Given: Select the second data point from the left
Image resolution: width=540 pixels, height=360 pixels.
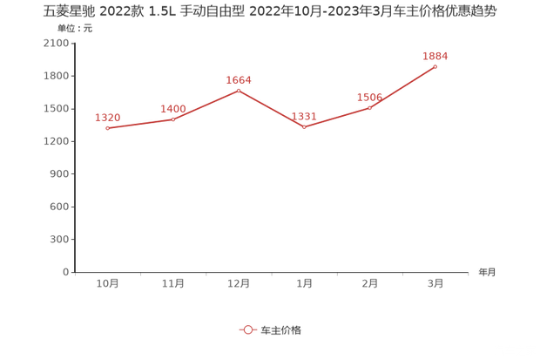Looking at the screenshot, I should (x=173, y=119).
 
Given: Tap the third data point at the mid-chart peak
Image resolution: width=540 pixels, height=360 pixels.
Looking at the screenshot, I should (x=240, y=90).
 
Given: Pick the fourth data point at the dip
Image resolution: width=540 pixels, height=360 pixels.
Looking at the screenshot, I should (x=305, y=127).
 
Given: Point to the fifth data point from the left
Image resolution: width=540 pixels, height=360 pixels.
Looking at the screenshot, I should (x=370, y=107).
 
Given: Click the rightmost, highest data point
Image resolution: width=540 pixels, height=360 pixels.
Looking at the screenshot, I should (x=435, y=65).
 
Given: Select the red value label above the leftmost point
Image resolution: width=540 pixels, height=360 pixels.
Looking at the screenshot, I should (x=108, y=116).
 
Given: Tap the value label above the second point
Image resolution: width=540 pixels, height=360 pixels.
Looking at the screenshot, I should (x=173, y=107).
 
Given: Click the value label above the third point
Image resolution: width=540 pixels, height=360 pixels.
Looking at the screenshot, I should (x=240, y=79).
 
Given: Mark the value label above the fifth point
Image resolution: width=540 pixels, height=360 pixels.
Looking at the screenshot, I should (x=370, y=96).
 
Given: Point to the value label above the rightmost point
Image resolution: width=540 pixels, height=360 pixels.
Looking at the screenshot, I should (x=435, y=55).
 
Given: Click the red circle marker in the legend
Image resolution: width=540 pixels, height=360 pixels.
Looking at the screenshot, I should (x=247, y=329).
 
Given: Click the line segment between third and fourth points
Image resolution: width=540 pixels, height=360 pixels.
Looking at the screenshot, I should (x=272, y=109).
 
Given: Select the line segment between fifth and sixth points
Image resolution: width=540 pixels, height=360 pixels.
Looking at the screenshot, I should (x=403, y=86).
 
